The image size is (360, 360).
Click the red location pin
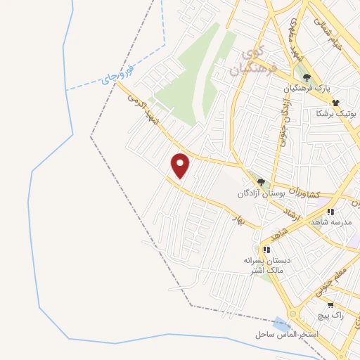click(x=181, y=165)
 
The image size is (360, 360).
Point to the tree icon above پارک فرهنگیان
click(x=306, y=77)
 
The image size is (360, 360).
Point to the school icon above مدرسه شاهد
click(x=330, y=211)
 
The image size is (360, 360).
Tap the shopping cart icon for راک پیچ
click(x=330, y=306)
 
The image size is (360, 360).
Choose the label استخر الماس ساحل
click(x=307, y=334)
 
